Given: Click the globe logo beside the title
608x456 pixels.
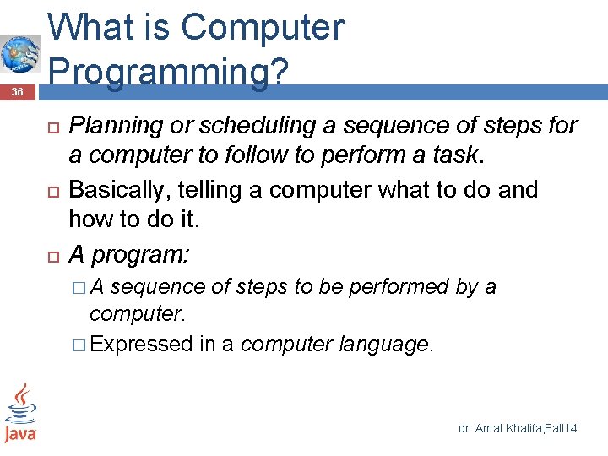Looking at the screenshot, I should (19, 55).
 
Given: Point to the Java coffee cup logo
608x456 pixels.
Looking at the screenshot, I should (20, 413).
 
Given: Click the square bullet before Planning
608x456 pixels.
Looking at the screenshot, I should (52, 127).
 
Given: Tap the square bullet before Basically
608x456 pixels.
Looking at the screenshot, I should (52, 191).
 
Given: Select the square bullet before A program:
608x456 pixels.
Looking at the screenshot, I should (52, 255).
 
